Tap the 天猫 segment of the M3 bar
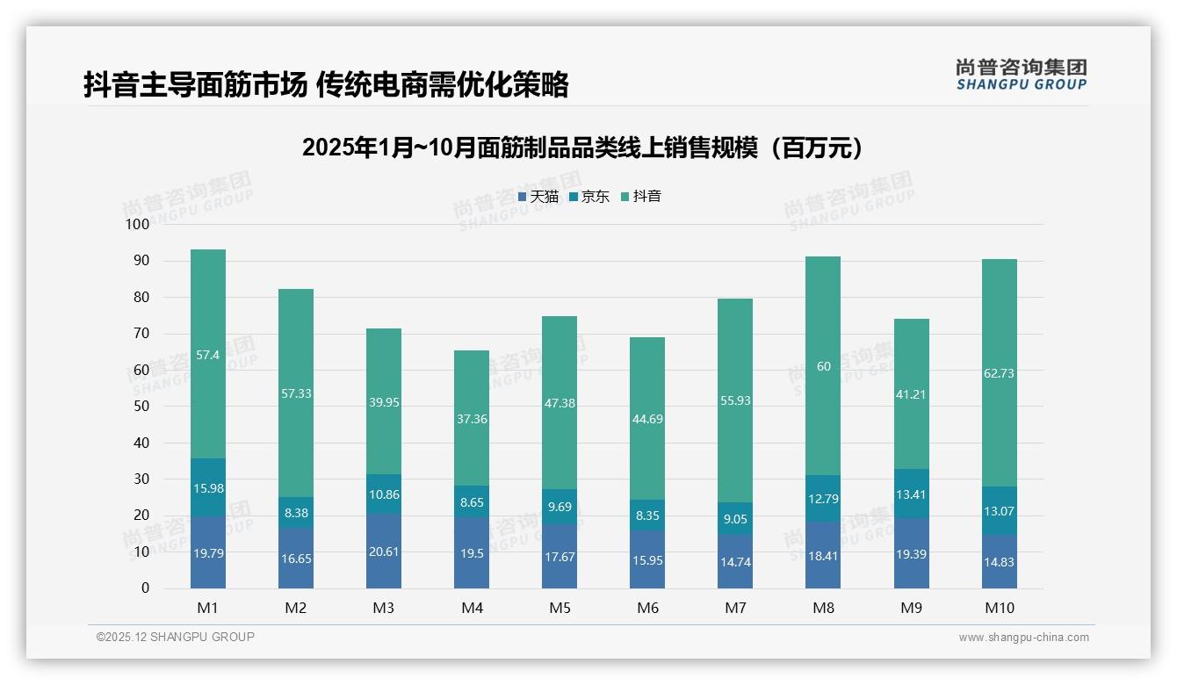pyautogui.click(x=384, y=552)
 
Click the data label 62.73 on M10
pyautogui.click(x=1000, y=373)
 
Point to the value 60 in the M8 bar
pyautogui.click(x=823, y=366)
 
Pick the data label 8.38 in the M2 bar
pyautogui.click(x=296, y=513)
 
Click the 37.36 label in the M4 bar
pyautogui.click(x=472, y=420)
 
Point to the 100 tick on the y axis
pyautogui.click(x=138, y=225)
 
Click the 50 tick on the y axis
pyautogui.click(x=141, y=407)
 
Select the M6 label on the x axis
pyautogui.click(x=647, y=608)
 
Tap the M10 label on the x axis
pyautogui.click(x=1000, y=608)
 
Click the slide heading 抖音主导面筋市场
pyautogui.click(x=326, y=84)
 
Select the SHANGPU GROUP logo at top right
pyautogui.click(x=1022, y=75)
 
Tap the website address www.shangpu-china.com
pyautogui.click(x=1023, y=638)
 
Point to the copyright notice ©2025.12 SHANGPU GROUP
pyautogui.click(x=176, y=638)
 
